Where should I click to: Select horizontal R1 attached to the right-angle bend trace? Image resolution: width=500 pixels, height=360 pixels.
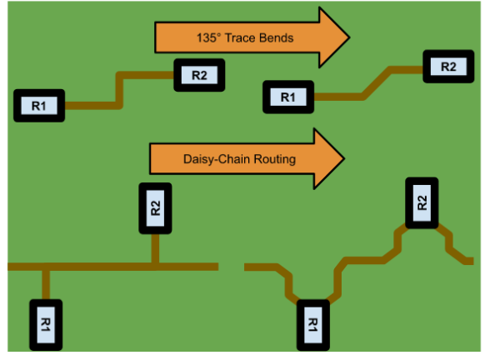click(39, 106)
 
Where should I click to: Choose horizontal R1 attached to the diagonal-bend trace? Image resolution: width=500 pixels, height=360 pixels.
click(288, 97)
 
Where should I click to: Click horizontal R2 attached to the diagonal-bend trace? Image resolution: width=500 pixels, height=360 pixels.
click(448, 66)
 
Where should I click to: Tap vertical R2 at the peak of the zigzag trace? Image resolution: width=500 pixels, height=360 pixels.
click(422, 202)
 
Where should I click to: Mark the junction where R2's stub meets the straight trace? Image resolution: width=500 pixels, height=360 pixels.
click(155, 266)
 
